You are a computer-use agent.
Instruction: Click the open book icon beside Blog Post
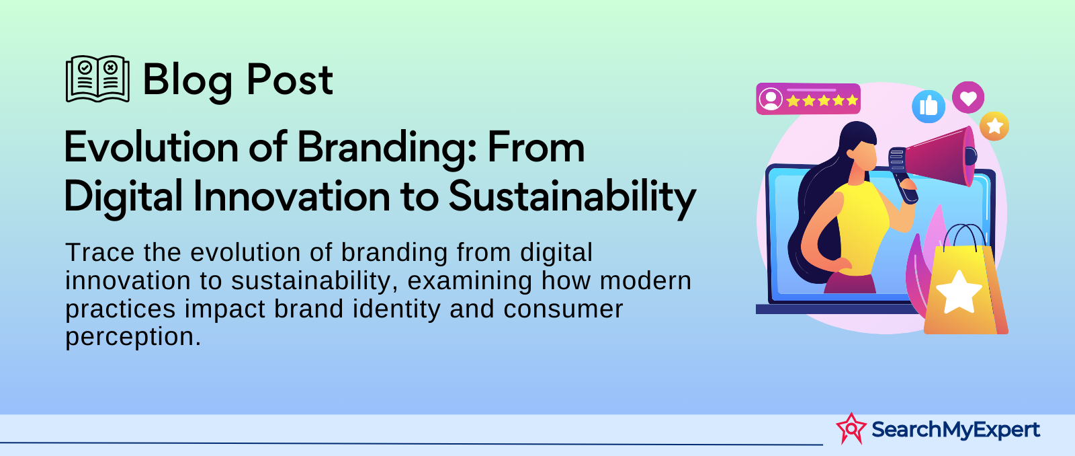97,79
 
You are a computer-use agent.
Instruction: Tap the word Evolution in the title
151,147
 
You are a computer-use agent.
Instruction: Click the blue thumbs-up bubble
928,106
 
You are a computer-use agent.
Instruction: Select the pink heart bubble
968,98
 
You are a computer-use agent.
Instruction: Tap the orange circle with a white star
994,126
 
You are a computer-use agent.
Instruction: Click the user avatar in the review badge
771,99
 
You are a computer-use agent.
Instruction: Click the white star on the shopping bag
958,292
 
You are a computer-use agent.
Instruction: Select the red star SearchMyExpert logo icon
851,428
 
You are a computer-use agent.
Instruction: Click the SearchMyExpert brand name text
955,430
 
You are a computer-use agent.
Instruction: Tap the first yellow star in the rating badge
793,101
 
